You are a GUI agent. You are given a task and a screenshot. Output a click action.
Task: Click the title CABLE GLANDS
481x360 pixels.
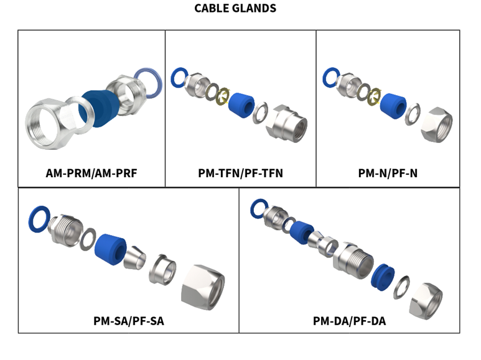pos(235,9)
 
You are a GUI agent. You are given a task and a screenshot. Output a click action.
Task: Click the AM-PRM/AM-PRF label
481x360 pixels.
pos(91,173)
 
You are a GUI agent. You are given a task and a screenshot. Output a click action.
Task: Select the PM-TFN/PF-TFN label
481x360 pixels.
pos(240,173)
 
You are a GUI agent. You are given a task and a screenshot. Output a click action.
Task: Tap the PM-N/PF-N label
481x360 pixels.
pos(387,173)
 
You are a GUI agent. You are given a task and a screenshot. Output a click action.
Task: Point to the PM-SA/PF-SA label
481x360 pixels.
pos(128,321)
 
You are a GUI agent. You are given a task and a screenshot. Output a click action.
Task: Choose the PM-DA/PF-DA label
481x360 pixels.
pos(348,321)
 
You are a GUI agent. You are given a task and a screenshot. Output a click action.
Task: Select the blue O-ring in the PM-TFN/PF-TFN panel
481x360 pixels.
pos(180,78)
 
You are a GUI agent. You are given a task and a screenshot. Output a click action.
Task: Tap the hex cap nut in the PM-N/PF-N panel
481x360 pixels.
pos(436,124)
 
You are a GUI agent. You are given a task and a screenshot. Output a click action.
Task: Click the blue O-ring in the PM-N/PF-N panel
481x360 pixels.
pos(331,78)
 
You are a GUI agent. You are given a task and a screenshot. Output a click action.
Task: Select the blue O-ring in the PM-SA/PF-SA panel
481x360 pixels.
pos(40,219)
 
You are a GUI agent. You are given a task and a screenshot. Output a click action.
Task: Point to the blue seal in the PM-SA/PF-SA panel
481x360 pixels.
pos(111,248)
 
